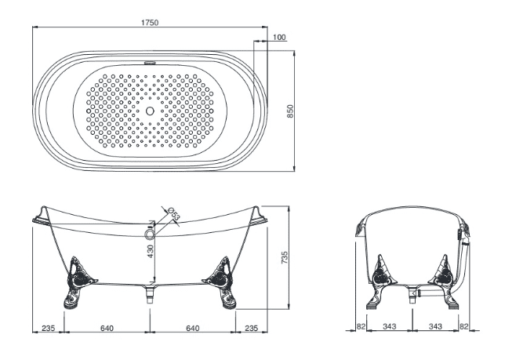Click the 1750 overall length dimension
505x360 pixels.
point(150,23)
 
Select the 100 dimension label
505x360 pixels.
point(279,38)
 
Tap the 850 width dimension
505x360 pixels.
point(290,111)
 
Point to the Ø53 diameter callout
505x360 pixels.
point(174,213)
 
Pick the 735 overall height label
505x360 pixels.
point(285,258)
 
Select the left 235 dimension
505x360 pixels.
point(49,328)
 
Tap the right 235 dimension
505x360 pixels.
point(252,328)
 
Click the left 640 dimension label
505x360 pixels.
point(107,328)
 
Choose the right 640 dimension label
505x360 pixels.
point(193,328)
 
